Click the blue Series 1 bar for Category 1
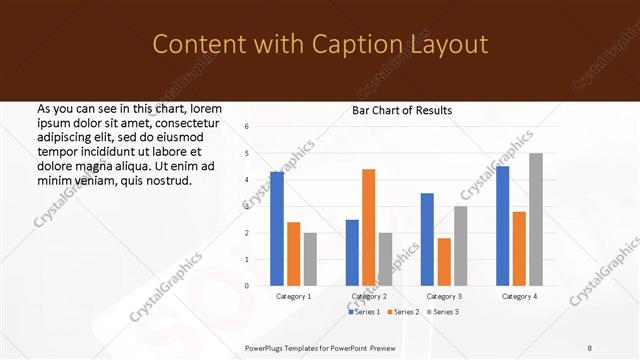tap(277, 229)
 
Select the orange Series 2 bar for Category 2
tap(369, 227)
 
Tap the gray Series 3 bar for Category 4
tap(536, 219)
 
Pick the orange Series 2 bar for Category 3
tap(444, 262)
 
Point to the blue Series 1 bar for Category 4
tap(502, 226)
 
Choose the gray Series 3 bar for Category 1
tap(310, 259)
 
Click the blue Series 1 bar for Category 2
tap(352, 253)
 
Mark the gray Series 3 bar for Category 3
tap(461, 246)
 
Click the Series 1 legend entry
tap(365, 312)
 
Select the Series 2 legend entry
tap(404, 312)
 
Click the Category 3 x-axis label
tap(444, 297)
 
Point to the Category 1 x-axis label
tap(294, 297)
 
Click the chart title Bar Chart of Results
tap(402, 110)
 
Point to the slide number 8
tap(590, 348)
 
